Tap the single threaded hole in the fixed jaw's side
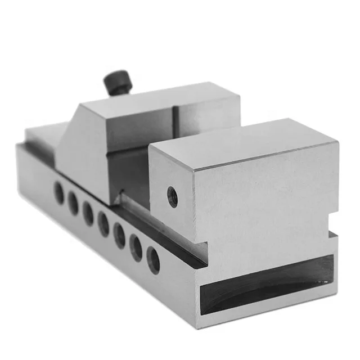[x=173, y=196]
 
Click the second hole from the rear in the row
[x=73, y=203]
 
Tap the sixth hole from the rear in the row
[x=136, y=246]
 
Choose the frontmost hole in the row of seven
[x=153, y=259]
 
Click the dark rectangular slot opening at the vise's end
[x=264, y=286]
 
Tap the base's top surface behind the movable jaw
[x=42, y=134]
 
